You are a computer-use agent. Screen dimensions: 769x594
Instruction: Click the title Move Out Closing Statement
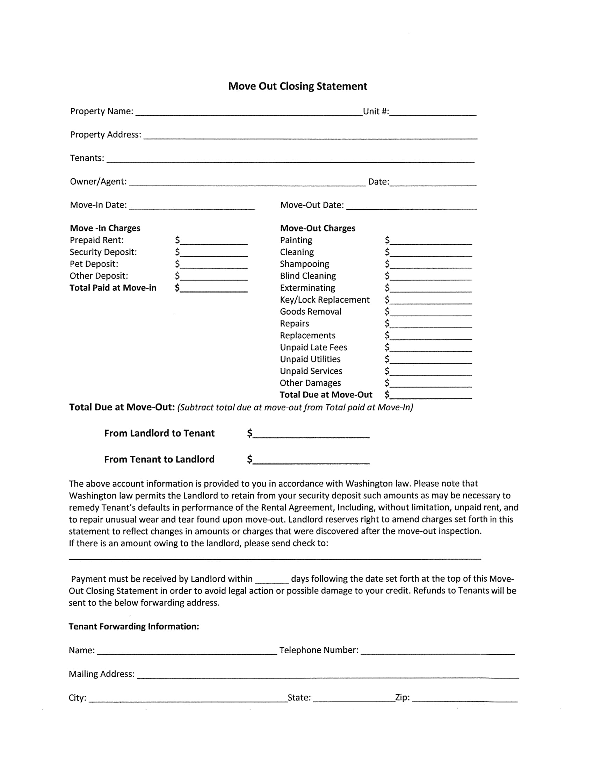click(297, 86)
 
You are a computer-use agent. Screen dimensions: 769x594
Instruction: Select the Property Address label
click(106, 135)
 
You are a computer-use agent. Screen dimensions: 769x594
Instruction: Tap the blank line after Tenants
click(290, 159)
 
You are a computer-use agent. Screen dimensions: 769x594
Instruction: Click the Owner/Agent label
click(98, 181)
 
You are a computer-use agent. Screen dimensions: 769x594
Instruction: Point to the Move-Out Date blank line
click(411, 206)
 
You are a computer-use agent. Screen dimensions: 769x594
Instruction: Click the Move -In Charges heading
click(105, 228)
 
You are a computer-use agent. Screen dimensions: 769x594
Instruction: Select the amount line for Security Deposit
click(213, 253)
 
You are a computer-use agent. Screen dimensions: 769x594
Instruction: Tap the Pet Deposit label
click(94, 264)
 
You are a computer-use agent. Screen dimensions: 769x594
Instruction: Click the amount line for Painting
click(431, 242)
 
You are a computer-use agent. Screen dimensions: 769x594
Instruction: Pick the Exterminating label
click(307, 288)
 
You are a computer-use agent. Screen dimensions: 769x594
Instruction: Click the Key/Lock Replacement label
click(325, 300)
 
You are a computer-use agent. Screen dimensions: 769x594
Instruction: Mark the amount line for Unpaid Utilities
click(431, 361)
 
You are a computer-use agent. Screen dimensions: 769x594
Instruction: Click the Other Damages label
click(310, 383)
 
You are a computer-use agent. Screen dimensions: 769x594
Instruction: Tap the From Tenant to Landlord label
click(159, 459)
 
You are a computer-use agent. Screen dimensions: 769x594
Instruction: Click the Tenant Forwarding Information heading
click(134, 626)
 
